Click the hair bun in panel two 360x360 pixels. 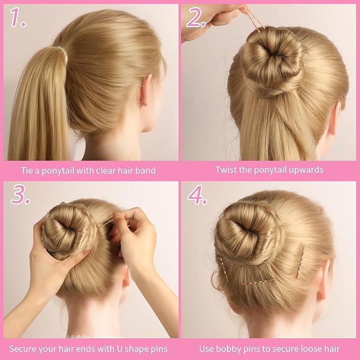coord(270,61)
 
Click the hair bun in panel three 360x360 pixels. coord(66,231)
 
